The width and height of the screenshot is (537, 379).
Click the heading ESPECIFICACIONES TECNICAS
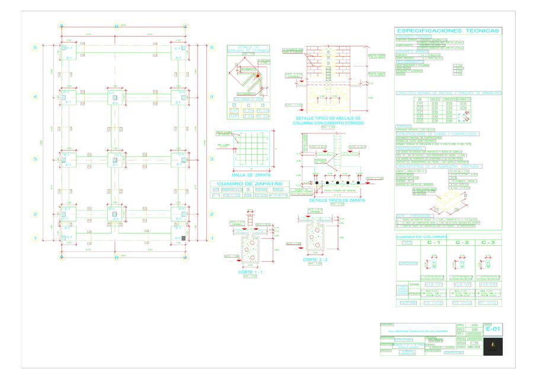pyautogui.click(x=447, y=31)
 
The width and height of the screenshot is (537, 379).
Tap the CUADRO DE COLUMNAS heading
pyautogui.click(x=417, y=236)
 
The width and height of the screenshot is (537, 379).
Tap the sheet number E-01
pyautogui.click(x=492, y=329)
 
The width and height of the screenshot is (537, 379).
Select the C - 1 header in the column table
pyautogui.click(x=433, y=243)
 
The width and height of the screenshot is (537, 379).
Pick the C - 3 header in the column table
pyautogui.click(x=488, y=243)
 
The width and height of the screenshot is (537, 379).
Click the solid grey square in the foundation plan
pyautogui.click(x=183, y=237)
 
